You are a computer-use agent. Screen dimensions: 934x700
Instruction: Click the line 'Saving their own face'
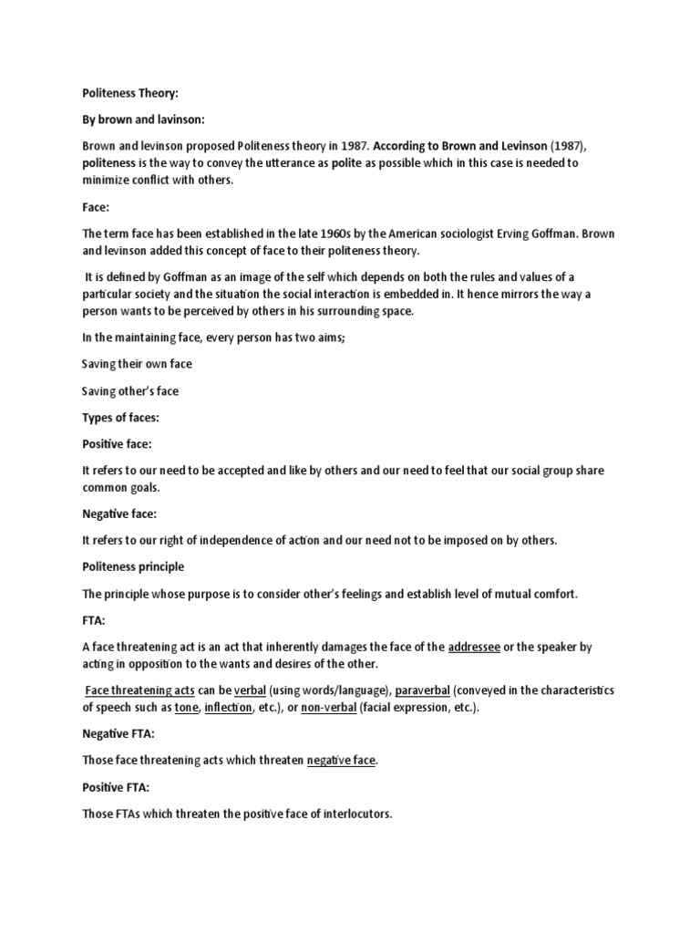pyautogui.click(x=137, y=364)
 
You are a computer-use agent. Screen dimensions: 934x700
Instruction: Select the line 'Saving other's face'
pyautogui.click(x=130, y=391)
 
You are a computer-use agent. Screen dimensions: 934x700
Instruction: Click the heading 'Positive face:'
pyautogui.click(x=118, y=444)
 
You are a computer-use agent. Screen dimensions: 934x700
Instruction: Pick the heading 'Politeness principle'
pyautogui.click(x=133, y=566)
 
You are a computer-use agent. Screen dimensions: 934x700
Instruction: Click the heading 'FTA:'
pyautogui.click(x=95, y=620)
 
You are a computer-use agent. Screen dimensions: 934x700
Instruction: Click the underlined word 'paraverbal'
pyautogui.click(x=423, y=690)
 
